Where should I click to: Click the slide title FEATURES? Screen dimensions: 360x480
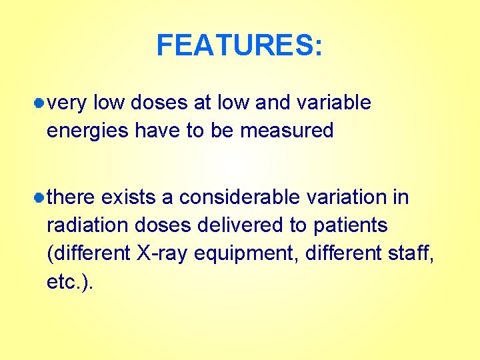pyautogui.click(x=239, y=46)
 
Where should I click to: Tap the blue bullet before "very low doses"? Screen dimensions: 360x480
pyautogui.click(x=40, y=103)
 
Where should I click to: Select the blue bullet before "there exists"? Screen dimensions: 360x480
pyautogui.click(x=40, y=198)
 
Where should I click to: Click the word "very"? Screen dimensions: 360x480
pyautogui.click(x=67, y=103)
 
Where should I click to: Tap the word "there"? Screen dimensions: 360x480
pyautogui.click(x=73, y=197)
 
